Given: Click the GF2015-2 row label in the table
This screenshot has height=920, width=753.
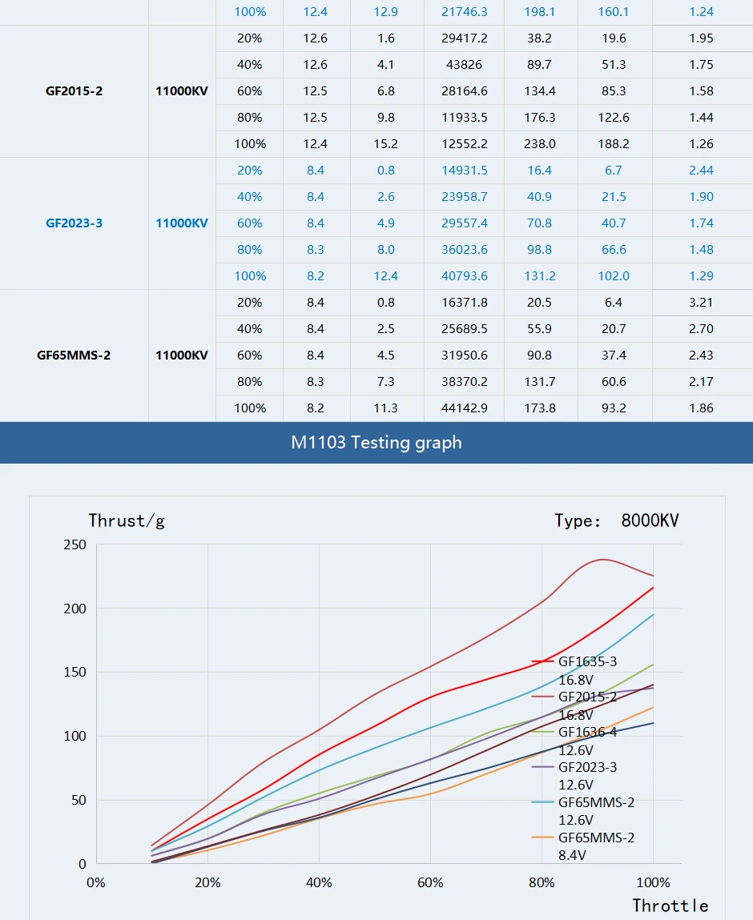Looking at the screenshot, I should click(74, 91).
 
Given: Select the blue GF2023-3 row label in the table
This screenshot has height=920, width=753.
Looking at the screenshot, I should click(74, 223).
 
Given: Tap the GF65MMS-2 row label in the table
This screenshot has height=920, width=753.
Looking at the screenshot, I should click(74, 356).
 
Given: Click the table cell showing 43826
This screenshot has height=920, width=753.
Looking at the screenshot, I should click(464, 65).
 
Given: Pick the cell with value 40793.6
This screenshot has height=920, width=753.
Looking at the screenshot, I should click(464, 276).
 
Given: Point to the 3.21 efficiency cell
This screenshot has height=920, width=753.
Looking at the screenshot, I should click(701, 303).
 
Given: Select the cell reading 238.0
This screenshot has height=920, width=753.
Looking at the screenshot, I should click(540, 144).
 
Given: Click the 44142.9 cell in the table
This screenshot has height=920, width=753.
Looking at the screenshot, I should click(464, 408).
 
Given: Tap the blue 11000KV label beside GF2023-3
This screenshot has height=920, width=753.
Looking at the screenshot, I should click(182, 223).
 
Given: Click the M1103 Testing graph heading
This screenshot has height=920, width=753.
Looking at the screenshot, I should click(376, 442).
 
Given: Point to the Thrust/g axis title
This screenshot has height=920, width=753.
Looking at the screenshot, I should click(127, 521).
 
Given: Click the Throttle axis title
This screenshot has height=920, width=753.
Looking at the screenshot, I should click(670, 906).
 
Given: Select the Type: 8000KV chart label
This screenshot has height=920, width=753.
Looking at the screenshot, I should click(616, 521).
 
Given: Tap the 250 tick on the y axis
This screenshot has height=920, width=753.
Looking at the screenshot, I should click(74, 545).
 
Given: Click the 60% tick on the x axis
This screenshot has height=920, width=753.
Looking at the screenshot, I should click(431, 883).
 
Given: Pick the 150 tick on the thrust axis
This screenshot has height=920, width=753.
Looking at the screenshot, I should click(74, 673).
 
